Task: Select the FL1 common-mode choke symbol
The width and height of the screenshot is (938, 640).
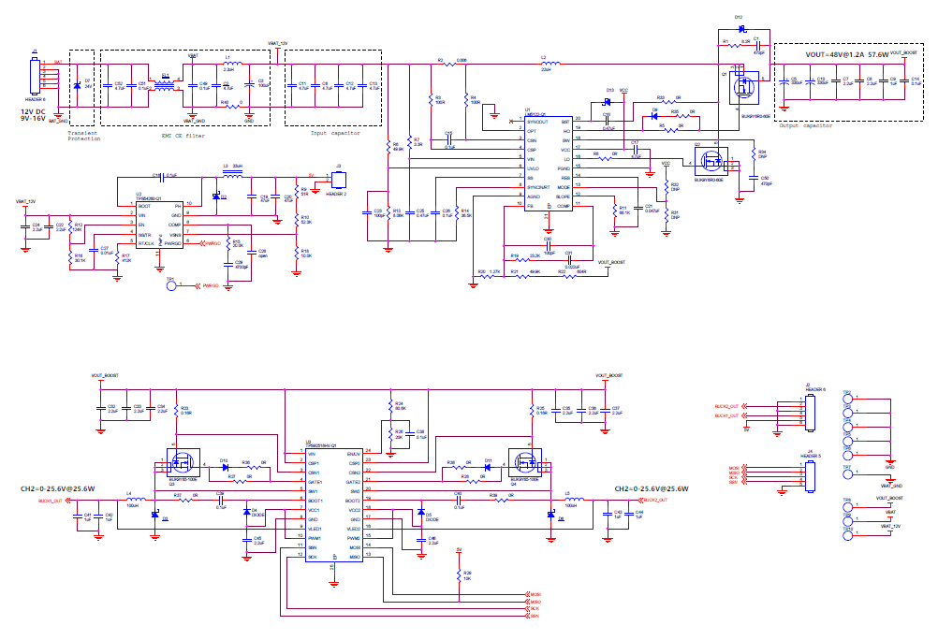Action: pyautogui.click(x=166, y=86)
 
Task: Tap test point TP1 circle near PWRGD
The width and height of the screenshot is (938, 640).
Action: pyautogui.click(x=170, y=286)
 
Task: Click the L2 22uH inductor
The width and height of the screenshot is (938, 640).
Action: pyautogui.click(x=545, y=65)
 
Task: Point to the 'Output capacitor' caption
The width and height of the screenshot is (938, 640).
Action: pyautogui.click(x=806, y=125)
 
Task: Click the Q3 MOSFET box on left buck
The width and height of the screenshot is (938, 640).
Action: pyautogui.click(x=182, y=460)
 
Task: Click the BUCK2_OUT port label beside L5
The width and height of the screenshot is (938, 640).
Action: pyautogui.click(x=655, y=502)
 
